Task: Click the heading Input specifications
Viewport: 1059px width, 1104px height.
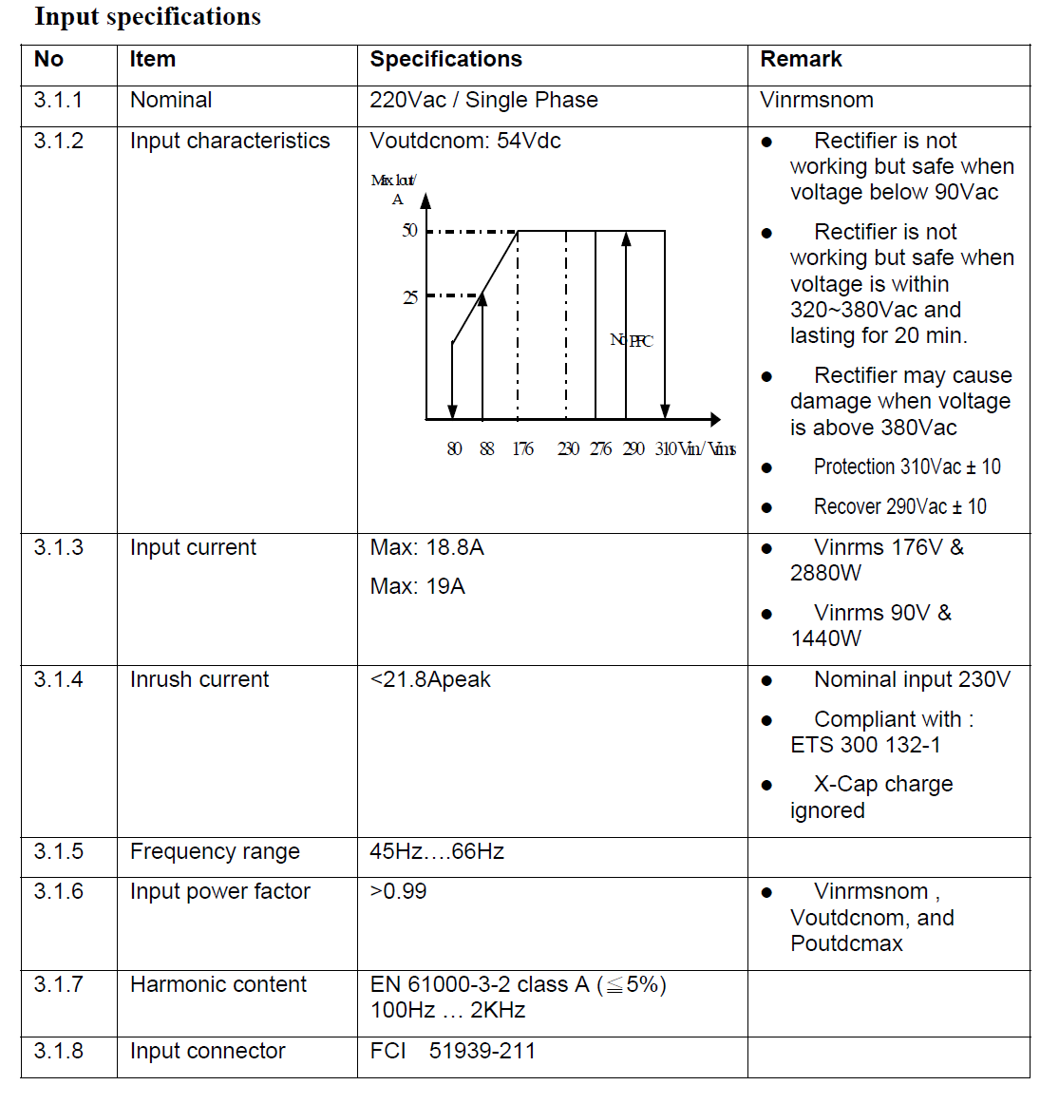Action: point(147,17)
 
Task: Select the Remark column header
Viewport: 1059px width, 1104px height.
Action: point(801,60)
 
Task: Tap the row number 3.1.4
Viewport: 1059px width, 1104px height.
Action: point(58,680)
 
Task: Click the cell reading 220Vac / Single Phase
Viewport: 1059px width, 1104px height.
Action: point(483,101)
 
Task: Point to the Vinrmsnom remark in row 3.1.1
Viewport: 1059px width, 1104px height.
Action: point(816,101)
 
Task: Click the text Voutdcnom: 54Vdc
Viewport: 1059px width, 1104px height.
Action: point(465,142)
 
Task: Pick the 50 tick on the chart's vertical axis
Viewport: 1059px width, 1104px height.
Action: point(409,231)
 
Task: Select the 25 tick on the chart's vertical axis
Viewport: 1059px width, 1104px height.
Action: point(409,297)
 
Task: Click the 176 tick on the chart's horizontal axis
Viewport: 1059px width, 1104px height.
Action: point(522,449)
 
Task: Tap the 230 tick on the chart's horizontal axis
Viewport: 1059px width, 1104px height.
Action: point(568,449)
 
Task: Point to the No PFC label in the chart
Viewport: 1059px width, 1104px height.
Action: point(632,341)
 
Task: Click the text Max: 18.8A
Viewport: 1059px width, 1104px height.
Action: point(426,548)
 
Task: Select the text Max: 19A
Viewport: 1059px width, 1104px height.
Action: point(417,587)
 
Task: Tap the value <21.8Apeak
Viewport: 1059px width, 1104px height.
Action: point(430,680)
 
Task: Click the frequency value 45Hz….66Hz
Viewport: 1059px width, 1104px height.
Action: point(437,852)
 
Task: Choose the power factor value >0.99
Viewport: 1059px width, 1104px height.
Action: point(398,892)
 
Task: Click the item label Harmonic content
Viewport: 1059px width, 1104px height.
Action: point(217,985)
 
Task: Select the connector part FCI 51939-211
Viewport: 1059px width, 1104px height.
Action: point(453,1052)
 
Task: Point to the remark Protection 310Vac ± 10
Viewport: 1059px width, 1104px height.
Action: point(906,467)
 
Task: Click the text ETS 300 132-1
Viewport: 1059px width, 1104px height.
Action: point(864,746)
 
